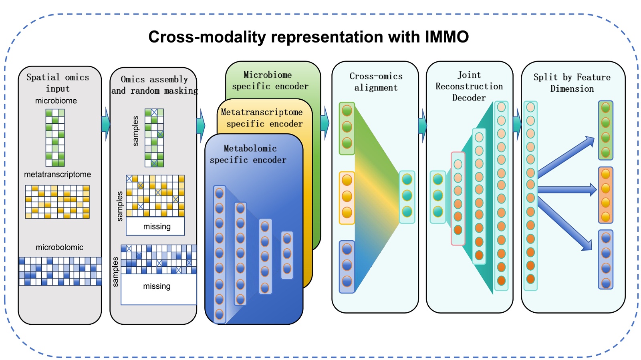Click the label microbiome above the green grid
(56, 101)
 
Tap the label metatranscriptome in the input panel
(57, 175)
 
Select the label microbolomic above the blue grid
(59, 247)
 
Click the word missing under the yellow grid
(157, 227)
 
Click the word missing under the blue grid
(157, 286)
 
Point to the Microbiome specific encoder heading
(270, 80)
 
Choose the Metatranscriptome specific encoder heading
(262, 118)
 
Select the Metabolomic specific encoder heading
(248, 154)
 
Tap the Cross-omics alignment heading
(376, 82)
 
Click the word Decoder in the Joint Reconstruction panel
(469, 98)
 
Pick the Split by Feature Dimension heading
(572, 83)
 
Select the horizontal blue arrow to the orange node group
(566, 190)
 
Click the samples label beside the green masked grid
(135, 131)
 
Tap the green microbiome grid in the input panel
(55, 138)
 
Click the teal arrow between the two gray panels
(106, 124)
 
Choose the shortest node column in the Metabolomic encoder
(287, 255)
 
